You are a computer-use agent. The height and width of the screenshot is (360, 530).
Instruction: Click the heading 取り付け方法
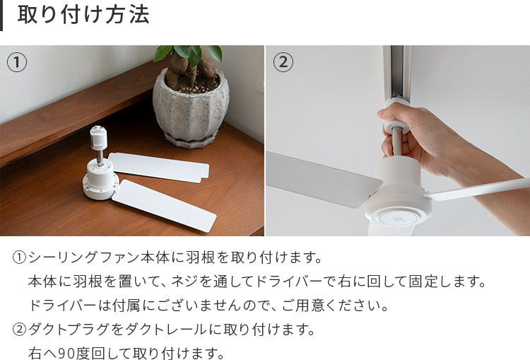point(83,15)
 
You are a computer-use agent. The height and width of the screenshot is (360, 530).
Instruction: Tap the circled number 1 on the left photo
point(17,63)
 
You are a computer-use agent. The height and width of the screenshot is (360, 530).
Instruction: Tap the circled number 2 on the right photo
point(283,62)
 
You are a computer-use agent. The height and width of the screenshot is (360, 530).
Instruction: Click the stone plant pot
point(191,108)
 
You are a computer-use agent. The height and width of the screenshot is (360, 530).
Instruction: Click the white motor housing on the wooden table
point(100,179)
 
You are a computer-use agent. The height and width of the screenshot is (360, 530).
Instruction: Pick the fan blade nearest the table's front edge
point(164,205)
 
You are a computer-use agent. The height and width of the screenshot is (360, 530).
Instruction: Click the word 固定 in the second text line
point(423,281)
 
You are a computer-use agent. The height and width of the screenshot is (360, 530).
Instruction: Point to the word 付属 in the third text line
point(127,306)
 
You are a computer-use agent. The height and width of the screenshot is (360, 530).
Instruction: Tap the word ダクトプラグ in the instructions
point(69,330)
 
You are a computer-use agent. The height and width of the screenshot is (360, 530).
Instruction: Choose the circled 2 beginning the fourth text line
point(19,330)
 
